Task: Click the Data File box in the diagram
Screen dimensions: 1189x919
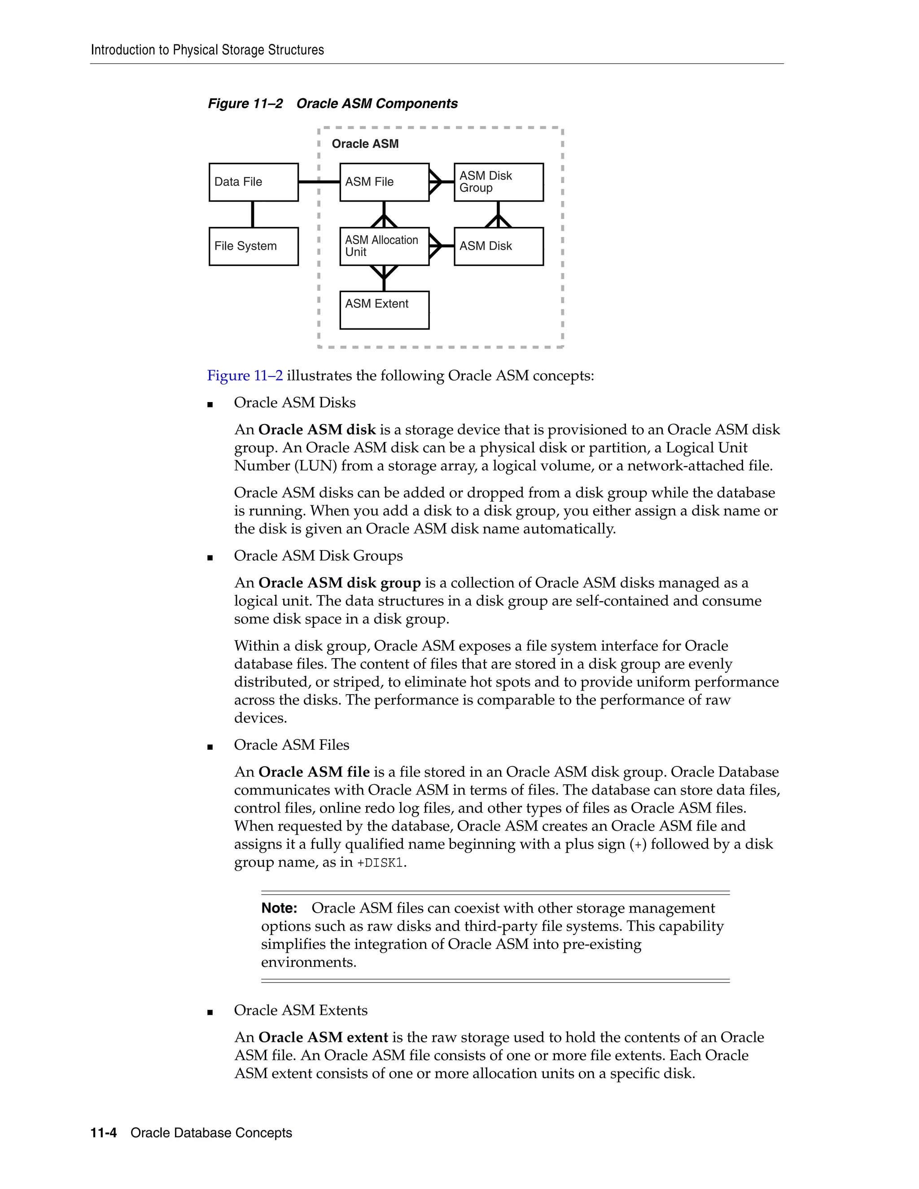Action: pyautogui.click(x=253, y=182)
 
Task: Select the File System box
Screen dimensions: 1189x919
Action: pyautogui.click(x=253, y=246)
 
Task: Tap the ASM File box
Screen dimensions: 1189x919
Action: pyautogui.click(x=384, y=182)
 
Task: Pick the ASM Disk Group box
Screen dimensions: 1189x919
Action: pyautogui.click(x=498, y=182)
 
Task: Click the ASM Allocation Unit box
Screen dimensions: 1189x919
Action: pyautogui.click(x=384, y=246)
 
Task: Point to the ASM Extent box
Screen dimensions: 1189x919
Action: pyautogui.click(x=384, y=310)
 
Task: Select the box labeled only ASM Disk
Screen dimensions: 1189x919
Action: pyautogui.click(x=498, y=246)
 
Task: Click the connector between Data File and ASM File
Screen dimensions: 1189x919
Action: pyautogui.click(x=319, y=182)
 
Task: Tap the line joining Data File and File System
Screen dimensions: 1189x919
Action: pyautogui.click(x=253, y=214)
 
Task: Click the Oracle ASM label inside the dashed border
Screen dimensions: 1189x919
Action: pyautogui.click(x=365, y=144)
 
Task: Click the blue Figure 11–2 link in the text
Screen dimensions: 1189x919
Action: pyautogui.click(x=245, y=376)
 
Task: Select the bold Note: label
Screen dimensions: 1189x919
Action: pyautogui.click(x=279, y=908)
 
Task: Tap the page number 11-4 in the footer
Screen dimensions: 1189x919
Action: pyautogui.click(x=104, y=1133)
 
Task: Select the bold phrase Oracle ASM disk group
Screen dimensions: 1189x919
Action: pyautogui.click(x=339, y=583)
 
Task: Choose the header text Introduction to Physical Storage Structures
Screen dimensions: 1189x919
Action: pyautogui.click(x=207, y=50)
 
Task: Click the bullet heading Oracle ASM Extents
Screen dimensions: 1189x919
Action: pyautogui.click(x=301, y=1010)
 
